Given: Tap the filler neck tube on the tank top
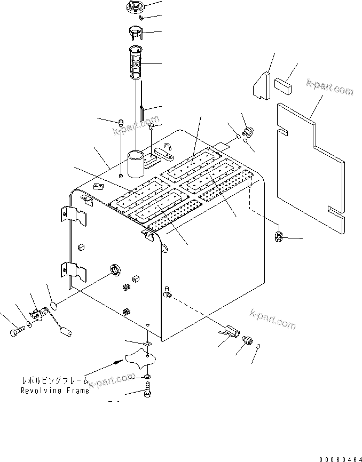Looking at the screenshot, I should click(136, 163).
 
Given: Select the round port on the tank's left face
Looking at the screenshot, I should click(114, 270).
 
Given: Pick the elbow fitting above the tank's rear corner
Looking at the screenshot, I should click(248, 132).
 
